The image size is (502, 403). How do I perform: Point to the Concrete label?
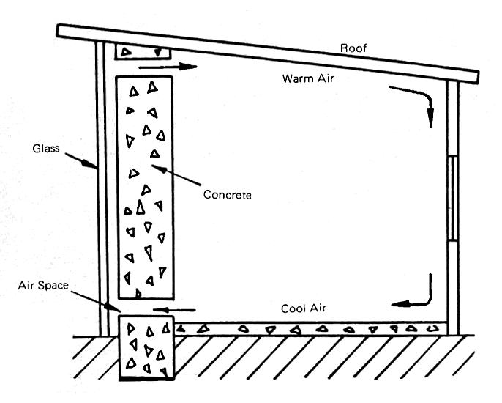pos(228,195)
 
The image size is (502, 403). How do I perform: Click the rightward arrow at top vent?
pos(168,67)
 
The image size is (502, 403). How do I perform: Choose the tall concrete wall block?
pos(145,187)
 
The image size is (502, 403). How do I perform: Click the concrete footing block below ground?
pos(146,348)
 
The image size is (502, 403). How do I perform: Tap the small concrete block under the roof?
pos(143,51)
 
